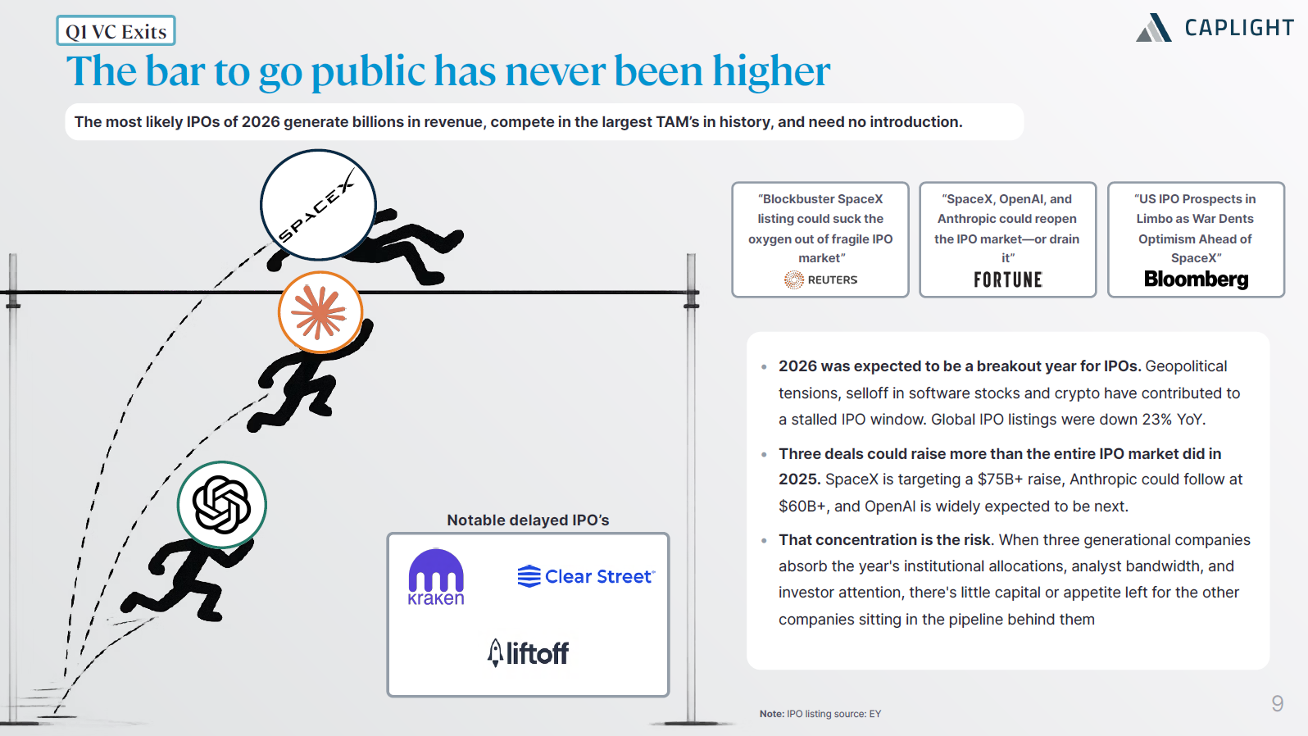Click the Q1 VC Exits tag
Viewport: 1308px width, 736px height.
(x=116, y=30)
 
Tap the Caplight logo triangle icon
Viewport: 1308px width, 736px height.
(x=1154, y=28)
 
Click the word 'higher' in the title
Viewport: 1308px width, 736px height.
(x=771, y=71)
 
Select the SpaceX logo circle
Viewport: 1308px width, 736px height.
(x=318, y=204)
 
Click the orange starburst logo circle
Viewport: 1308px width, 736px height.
(x=320, y=312)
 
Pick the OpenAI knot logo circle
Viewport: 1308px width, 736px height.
(x=222, y=505)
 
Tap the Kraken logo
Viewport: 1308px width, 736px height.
(x=436, y=576)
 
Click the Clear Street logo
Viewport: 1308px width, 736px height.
(x=586, y=576)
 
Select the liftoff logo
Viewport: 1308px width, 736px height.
(x=528, y=652)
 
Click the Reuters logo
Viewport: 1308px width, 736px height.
(x=820, y=279)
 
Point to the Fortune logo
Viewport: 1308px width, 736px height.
(x=1008, y=279)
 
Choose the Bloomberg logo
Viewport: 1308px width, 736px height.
(x=1196, y=279)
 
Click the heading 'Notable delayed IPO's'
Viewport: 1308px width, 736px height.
(x=528, y=520)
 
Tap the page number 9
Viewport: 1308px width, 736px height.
(x=1278, y=703)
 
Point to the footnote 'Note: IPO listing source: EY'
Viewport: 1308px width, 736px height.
(x=820, y=714)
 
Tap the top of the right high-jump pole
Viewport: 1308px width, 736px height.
(x=692, y=255)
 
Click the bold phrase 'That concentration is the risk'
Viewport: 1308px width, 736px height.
(x=884, y=540)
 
